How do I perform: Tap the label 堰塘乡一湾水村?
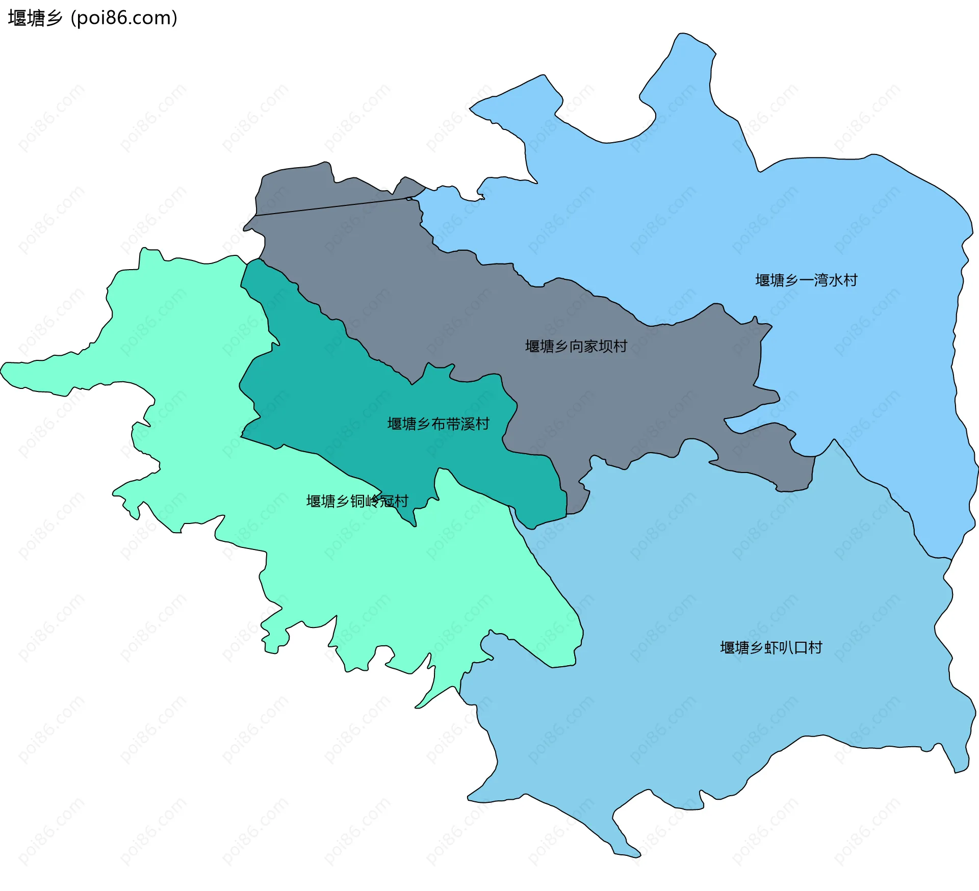[806, 280]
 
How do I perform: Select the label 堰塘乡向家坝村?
[576, 347]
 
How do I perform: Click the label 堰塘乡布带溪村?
[439, 424]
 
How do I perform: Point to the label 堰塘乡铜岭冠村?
[357, 502]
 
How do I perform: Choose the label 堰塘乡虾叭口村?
[771, 648]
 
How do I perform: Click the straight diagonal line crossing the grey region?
[331, 206]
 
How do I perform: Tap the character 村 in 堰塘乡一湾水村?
[851, 280]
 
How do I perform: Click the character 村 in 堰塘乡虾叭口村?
[815, 648]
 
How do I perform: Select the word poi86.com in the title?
[124, 18]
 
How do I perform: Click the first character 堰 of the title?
[17, 18]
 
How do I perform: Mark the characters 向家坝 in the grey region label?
[591, 347]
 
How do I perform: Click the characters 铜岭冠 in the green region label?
[372, 502]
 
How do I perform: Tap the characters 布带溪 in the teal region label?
[453, 424]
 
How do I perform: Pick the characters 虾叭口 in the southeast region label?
[786, 648]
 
